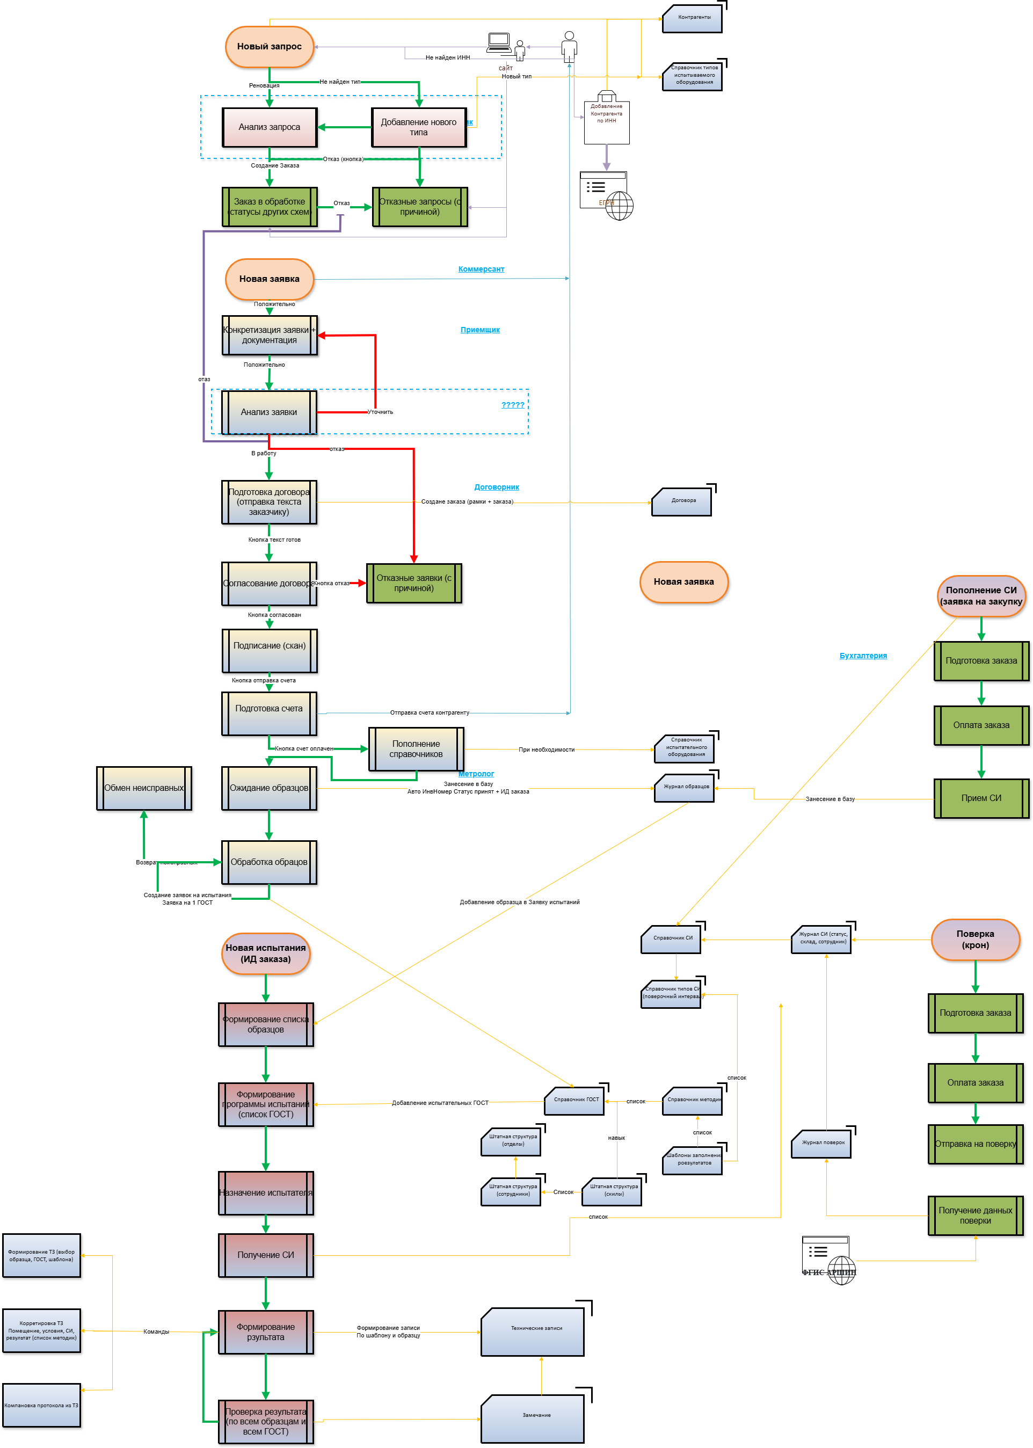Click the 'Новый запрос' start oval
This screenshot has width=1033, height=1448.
pyautogui.click(x=269, y=46)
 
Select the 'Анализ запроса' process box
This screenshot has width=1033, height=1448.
pyautogui.click(x=269, y=127)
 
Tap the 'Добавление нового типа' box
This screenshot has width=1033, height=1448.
pyautogui.click(x=419, y=127)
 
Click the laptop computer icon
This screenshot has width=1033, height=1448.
pyautogui.click(x=499, y=42)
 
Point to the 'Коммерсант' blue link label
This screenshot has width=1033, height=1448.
pyautogui.click(x=481, y=270)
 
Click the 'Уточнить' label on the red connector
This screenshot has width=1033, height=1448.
pyautogui.click(x=380, y=412)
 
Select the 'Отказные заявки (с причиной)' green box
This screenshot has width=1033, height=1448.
pyautogui.click(x=413, y=583)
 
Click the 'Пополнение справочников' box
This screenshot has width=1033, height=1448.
pyautogui.click(x=416, y=749)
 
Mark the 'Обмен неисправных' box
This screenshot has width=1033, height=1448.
pyautogui.click(x=144, y=788)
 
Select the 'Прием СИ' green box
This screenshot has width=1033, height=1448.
pyautogui.click(x=981, y=798)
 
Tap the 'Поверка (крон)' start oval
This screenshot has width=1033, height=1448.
pyautogui.click(x=975, y=939)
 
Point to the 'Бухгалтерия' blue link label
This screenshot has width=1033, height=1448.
pyautogui.click(x=862, y=656)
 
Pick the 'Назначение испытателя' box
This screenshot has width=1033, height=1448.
pyautogui.click(x=266, y=1193)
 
